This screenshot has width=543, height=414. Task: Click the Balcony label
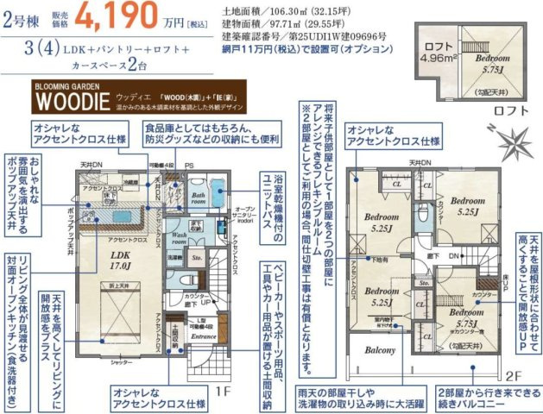pyautogui.click(x=379, y=351)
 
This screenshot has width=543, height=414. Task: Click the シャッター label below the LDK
pyautogui.click(x=119, y=363)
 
